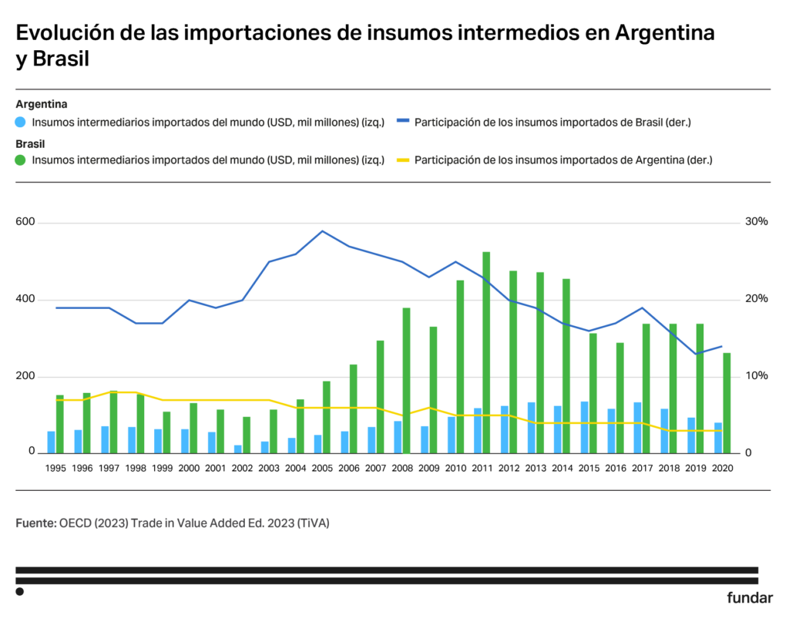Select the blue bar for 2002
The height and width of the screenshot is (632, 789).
tap(238, 449)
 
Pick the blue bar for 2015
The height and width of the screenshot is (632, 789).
tap(585, 427)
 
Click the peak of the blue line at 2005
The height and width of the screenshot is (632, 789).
tap(322, 231)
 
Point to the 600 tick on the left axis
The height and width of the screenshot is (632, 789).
tap(26, 222)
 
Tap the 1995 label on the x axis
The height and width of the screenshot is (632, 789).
tap(55, 469)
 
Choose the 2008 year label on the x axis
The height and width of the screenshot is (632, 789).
tap(401, 469)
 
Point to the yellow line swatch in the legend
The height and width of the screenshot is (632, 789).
tap(402, 160)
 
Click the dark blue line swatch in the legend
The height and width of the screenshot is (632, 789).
tap(402, 122)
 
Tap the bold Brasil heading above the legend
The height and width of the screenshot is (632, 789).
tap(30, 143)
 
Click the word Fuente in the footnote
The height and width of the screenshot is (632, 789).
tap(35, 523)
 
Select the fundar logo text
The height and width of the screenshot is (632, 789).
tap(749, 598)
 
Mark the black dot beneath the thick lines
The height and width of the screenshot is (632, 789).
tap(20, 592)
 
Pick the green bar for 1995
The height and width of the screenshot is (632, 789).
tap(60, 424)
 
